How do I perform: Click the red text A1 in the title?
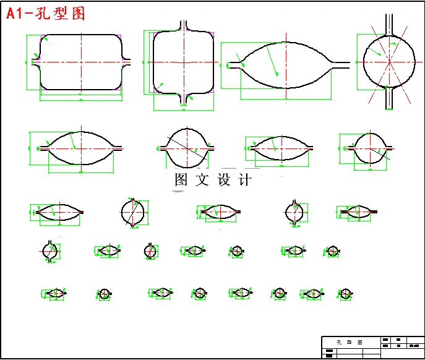[17, 14]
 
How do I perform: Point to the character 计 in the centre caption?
[244, 181]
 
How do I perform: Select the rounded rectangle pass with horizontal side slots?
[81, 62]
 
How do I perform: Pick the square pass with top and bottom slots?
[184, 62]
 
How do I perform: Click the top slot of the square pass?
[184, 25]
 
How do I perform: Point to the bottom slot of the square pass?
[184, 99]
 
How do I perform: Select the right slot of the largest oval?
[340, 63]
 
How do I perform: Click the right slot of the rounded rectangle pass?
[128, 62]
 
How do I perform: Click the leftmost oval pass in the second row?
[81, 148]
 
